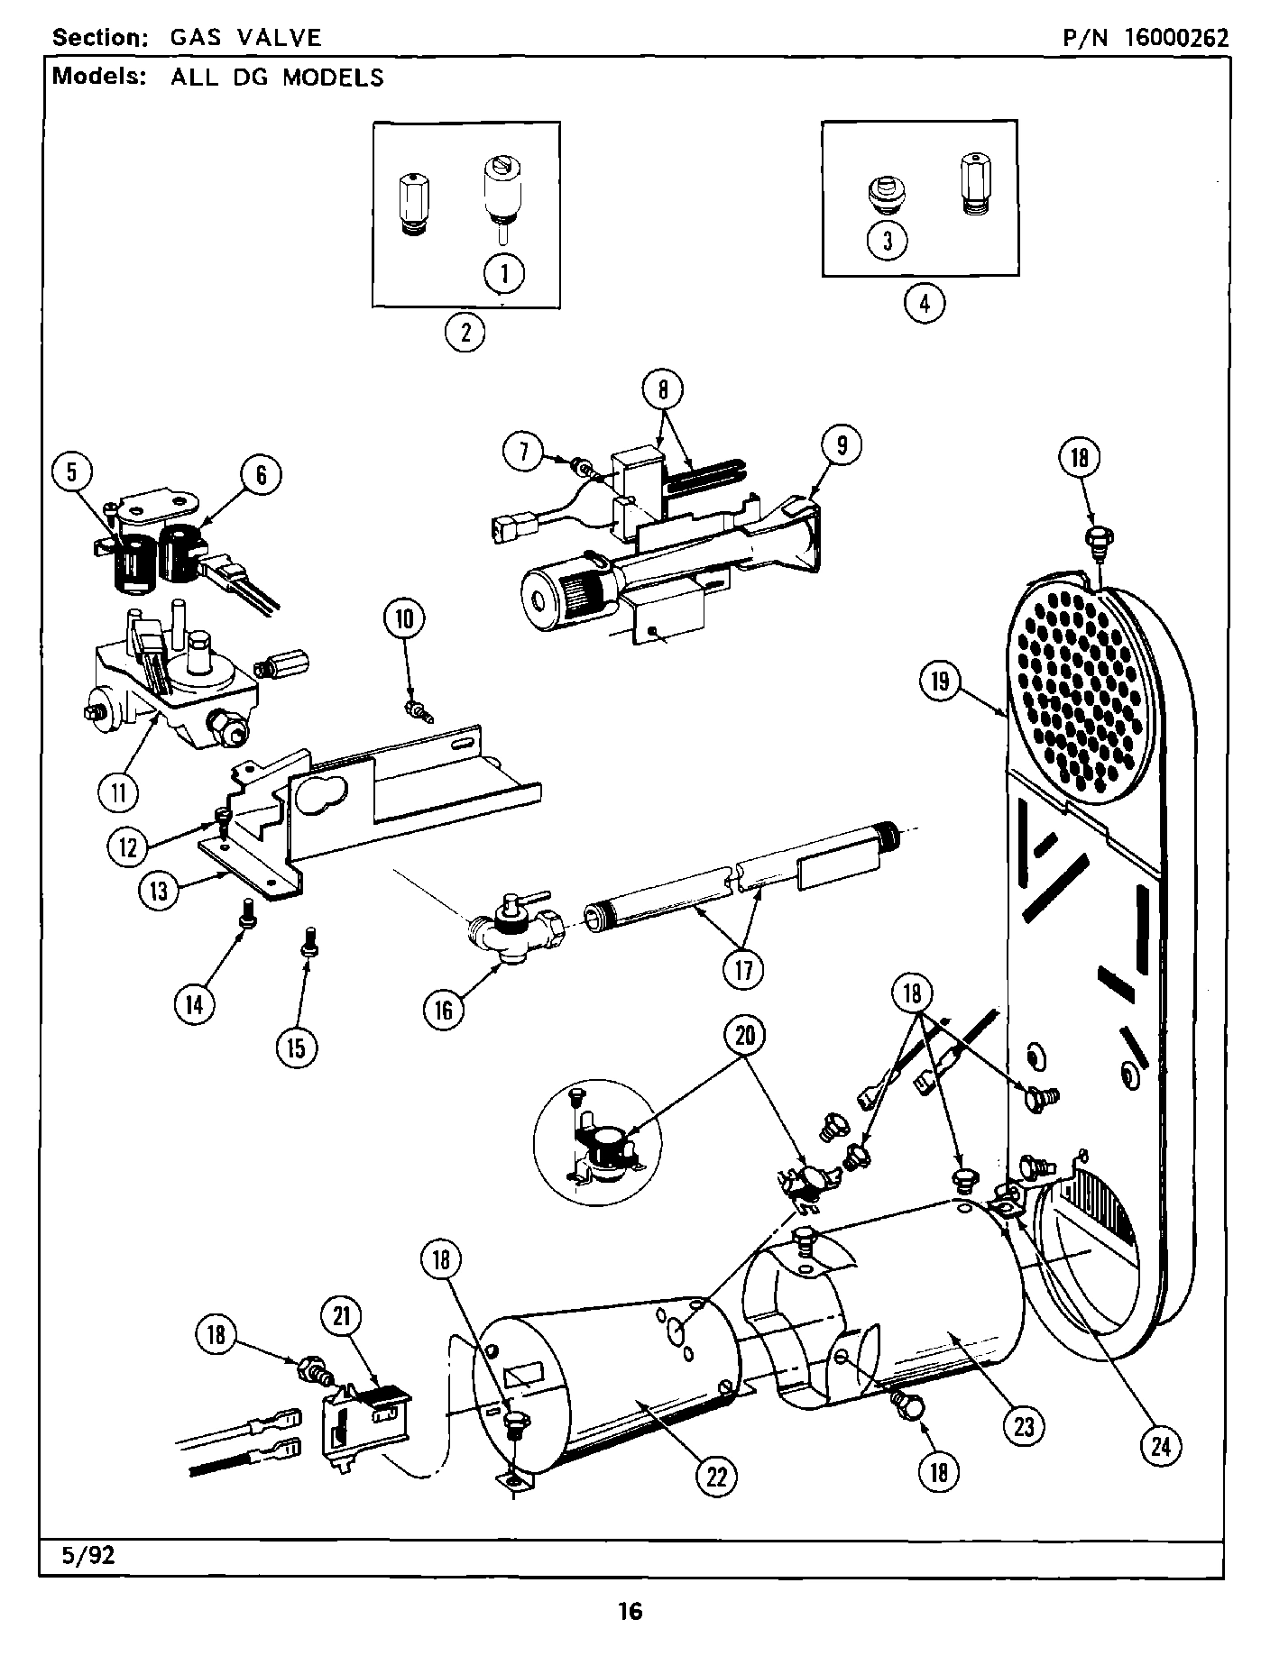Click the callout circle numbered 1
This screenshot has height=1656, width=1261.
pos(504,272)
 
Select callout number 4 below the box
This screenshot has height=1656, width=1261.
pos(925,302)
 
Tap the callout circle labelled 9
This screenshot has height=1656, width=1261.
pos(841,445)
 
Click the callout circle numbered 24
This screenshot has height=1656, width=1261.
pos(1161,1446)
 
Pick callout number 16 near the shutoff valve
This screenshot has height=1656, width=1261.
pos(444,1011)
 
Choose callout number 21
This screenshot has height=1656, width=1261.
pos(341,1318)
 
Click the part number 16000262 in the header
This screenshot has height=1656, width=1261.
pos(1174,37)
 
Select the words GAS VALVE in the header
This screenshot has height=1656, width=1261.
pos(244,37)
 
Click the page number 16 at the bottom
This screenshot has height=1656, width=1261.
pos(630,1611)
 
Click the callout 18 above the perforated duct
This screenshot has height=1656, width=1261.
pos(1080,457)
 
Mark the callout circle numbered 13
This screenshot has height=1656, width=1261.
pos(160,891)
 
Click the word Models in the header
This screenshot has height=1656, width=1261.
pos(99,76)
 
